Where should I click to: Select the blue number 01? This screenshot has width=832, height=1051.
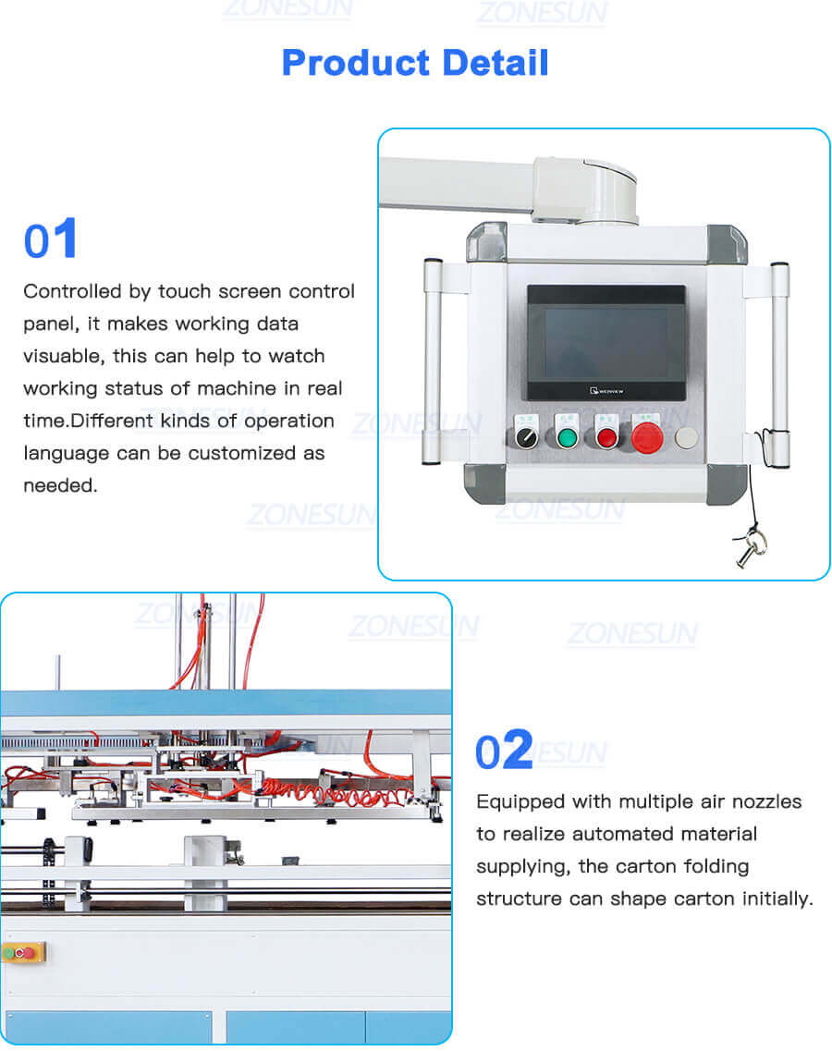(x=51, y=240)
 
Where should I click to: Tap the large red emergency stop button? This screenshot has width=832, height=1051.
(x=648, y=436)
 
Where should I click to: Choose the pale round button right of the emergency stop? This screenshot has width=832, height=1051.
(x=685, y=437)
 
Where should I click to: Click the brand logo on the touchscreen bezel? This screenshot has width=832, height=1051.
(x=610, y=390)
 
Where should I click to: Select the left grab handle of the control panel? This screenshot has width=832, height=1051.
(x=430, y=361)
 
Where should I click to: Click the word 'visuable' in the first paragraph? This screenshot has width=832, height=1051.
(x=59, y=357)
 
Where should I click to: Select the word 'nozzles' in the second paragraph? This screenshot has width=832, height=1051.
(x=765, y=801)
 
